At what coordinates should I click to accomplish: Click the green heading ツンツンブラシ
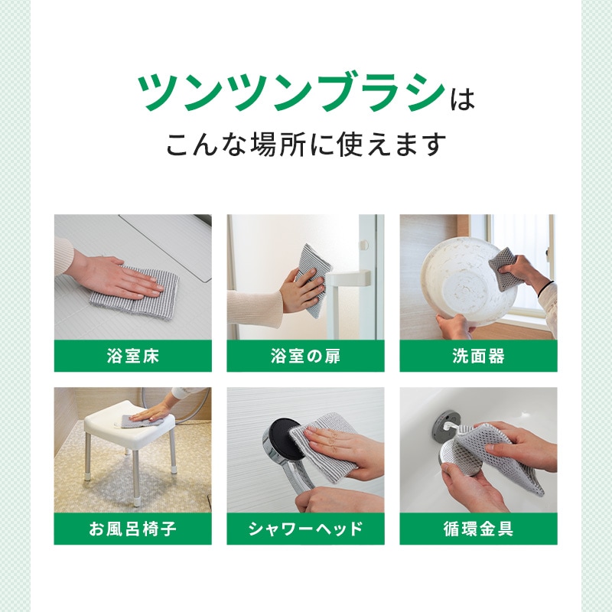click(x=291, y=93)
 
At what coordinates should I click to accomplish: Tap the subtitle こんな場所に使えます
click(x=306, y=145)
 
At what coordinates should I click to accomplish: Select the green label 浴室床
click(x=132, y=356)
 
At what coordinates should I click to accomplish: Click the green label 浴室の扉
click(x=305, y=356)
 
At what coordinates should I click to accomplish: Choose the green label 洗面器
click(x=479, y=356)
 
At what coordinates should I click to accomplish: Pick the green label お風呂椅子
click(x=132, y=529)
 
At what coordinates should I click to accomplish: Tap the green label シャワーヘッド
click(x=305, y=529)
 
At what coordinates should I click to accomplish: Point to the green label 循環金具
click(x=479, y=529)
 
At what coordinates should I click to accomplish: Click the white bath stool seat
click(x=129, y=419)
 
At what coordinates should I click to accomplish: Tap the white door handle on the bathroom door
click(x=348, y=278)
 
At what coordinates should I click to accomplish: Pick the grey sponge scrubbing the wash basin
click(x=503, y=268)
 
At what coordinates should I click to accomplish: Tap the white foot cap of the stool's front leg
click(x=136, y=502)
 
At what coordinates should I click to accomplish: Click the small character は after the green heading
click(x=462, y=100)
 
